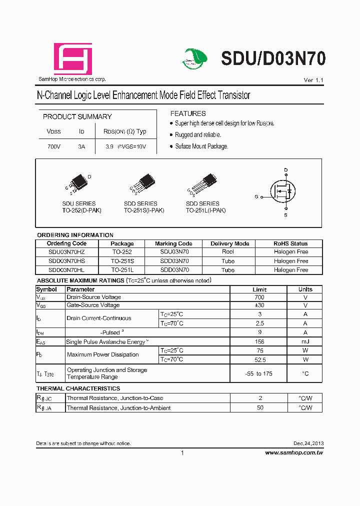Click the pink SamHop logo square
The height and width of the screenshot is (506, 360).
[73, 59]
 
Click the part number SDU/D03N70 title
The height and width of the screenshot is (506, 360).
[273, 59]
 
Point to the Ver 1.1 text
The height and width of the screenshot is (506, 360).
[313, 80]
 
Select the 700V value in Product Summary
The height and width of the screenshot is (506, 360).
[53, 147]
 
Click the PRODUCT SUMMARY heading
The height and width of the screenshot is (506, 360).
[77, 116]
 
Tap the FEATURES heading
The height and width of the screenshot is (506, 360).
[188, 113]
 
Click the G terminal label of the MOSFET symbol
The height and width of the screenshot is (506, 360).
[256, 197]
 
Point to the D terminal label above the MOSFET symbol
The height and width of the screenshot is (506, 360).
[286, 170]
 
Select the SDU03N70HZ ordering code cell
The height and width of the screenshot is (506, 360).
[66, 252]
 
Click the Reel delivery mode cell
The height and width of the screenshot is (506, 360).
[228, 252]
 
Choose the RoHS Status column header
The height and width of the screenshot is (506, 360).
[290, 243]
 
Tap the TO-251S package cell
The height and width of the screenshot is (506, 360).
[122, 261]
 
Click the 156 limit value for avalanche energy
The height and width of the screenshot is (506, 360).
[259, 341]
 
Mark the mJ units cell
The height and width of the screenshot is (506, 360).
[305, 341]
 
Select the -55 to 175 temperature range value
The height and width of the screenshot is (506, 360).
[259, 373]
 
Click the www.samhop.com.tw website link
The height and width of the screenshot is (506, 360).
[293, 452]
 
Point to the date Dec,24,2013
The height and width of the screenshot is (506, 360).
[308, 443]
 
